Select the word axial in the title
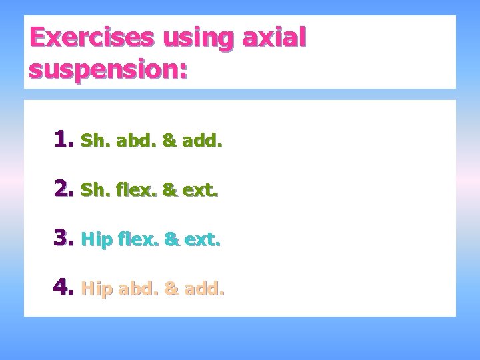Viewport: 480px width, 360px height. coord(274,37)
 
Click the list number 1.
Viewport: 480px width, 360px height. coord(64,139)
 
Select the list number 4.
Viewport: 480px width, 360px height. coord(64,288)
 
